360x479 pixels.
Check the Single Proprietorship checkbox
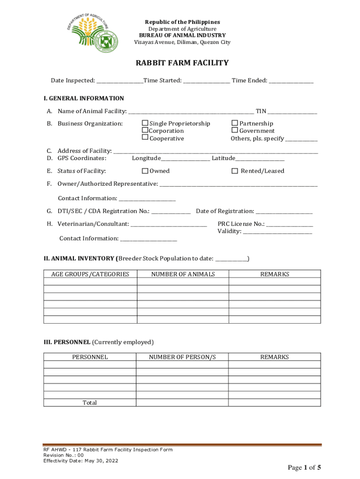pos(145,123)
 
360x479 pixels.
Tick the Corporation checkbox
pos(145,131)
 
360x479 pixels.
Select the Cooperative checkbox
pos(145,138)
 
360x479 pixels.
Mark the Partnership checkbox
pos(235,123)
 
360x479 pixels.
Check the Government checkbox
pos(235,131)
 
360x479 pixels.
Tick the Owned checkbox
pos(145,171)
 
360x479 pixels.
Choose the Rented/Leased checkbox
pos(235,171)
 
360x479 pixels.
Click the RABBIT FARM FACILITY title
pos(182,63)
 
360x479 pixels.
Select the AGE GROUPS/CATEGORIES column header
pos(90,274)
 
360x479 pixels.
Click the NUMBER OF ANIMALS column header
pos(183,274)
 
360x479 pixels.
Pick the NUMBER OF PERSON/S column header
pos(183,357)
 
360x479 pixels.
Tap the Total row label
pos(90,403)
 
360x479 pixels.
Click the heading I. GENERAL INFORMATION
pos(84,98)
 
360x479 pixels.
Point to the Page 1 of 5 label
pos(304,467)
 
